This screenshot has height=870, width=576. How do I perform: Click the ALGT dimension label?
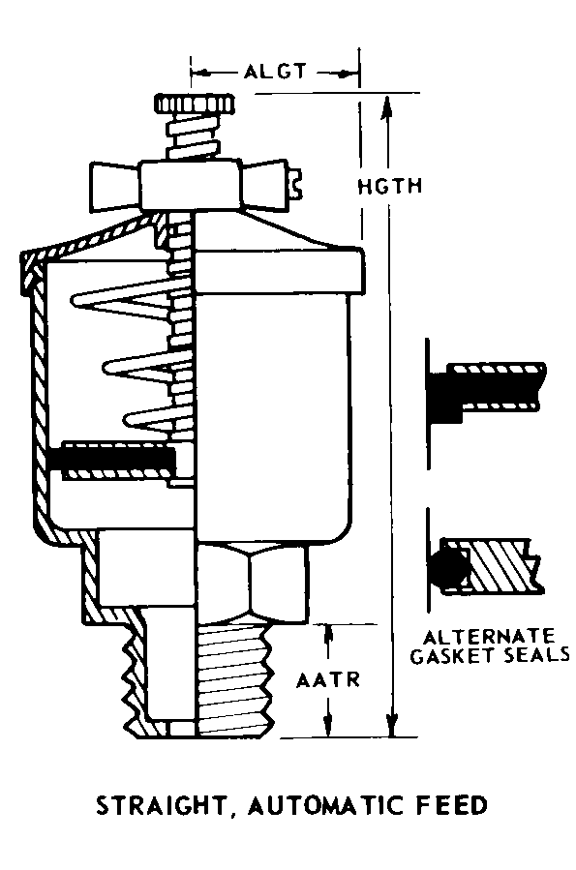tap(275, 72)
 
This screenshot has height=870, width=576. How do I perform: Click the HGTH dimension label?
tap(390, 186)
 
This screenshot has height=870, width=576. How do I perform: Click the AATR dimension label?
tap(328, 680)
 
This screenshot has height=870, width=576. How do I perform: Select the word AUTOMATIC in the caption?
tap(324, 805)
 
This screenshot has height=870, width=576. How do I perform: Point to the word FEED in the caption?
tap(452, 805)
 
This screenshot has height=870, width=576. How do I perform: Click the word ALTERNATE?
tap(489, 636)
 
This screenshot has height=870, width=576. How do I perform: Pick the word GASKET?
tap(451, 655)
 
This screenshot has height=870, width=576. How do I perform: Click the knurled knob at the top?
tap(195, 104)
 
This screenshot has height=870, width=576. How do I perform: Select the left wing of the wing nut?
tap(115, 187)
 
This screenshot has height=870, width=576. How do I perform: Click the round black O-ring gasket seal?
tap(447, 567)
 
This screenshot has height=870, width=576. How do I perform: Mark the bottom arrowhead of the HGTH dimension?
tap(393, 724)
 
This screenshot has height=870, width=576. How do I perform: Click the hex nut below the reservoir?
tap(251, 582)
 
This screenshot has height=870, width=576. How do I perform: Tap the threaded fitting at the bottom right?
tap(235, 679)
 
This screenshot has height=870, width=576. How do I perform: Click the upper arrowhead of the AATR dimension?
tap(328, 636)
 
